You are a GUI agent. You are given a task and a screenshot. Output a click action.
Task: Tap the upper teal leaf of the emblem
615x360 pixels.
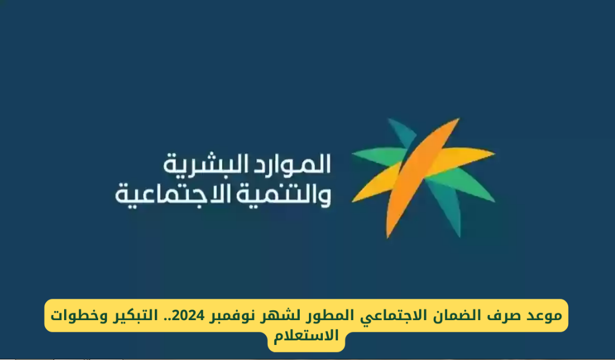coord(402,133)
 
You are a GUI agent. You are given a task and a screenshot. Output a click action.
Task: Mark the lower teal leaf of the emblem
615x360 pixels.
coord(445,206)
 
